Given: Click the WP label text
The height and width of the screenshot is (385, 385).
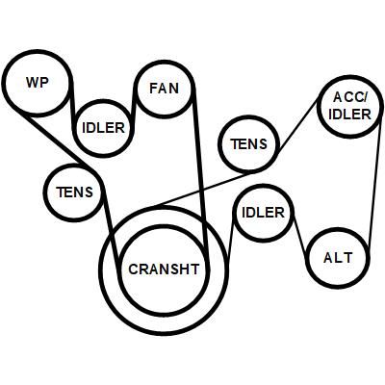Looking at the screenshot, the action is (38, 83).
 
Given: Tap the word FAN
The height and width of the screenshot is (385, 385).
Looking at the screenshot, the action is (164, 89).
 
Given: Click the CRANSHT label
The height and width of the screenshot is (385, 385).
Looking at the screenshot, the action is (164, 269).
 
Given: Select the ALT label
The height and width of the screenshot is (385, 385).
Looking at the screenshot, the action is (338, 258).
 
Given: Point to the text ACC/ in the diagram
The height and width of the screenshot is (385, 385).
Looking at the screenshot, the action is (349, 97).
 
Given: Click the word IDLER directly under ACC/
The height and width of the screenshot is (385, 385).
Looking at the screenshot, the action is (349, 115).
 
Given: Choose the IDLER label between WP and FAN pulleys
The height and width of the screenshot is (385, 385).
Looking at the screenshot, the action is (103, 128).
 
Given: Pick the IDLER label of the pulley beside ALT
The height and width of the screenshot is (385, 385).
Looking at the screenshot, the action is (263, 212).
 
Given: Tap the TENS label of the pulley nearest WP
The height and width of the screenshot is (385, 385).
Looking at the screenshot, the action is (74, 192).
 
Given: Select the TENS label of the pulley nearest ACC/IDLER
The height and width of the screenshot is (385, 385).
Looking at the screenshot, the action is (248, 144).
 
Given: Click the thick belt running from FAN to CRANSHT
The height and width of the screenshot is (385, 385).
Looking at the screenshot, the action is (200, 180).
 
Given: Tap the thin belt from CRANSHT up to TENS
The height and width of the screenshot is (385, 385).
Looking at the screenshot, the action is (205, 189).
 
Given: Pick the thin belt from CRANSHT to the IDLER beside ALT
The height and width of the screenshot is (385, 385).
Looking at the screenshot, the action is (230, 239).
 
